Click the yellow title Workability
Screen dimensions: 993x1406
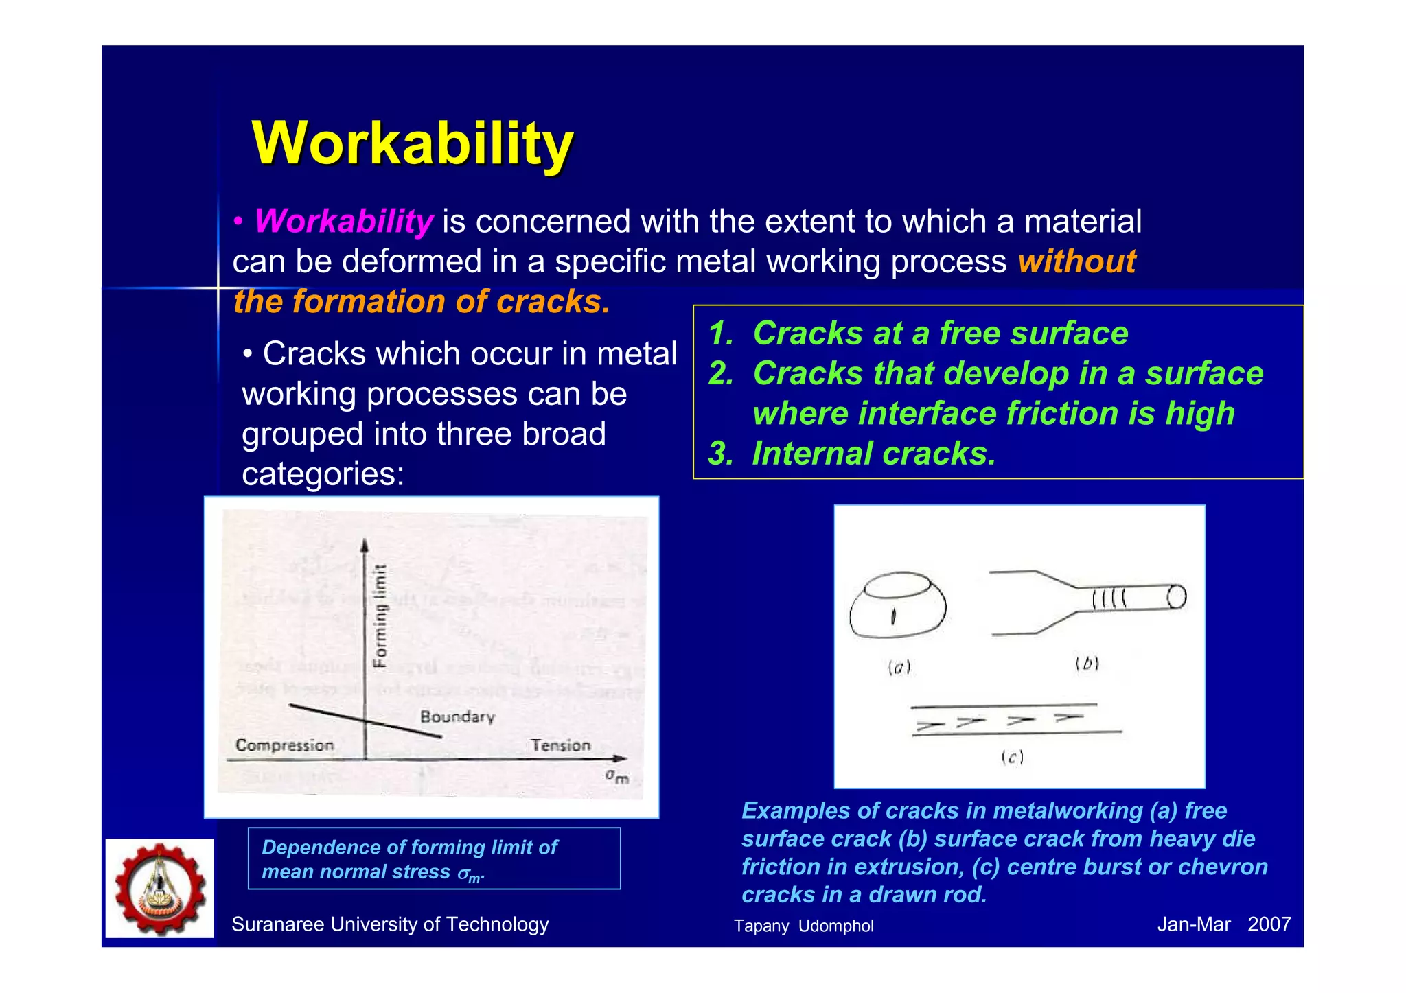413,143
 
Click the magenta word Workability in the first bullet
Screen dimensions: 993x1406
344,222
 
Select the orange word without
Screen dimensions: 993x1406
1076,262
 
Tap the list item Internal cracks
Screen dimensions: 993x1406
873,454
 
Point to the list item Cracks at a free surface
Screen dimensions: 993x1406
940,334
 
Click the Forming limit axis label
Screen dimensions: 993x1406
380,616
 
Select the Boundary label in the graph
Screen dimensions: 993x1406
457,717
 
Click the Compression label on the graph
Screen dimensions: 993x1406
285,745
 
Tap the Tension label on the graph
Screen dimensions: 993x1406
560,745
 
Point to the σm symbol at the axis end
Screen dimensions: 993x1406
616,776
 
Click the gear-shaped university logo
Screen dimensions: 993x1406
160,888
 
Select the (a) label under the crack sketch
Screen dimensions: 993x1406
899,667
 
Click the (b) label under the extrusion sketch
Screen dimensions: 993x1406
1087,664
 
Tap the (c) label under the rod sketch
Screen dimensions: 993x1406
1012,758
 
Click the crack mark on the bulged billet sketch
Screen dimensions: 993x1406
893,617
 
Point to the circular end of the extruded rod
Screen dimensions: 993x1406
1176,596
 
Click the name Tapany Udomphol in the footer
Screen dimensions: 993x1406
803,926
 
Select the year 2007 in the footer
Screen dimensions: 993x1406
1269,924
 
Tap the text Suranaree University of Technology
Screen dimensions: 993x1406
390,924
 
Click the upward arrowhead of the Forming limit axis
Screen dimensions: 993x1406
365,546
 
